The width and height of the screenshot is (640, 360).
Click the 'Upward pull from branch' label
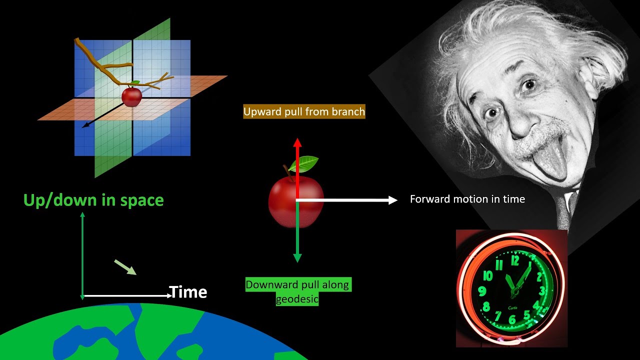(x=304, y=111)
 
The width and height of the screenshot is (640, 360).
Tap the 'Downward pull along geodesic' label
(x=298, y=292)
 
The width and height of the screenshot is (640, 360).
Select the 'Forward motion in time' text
(x=467, y=199)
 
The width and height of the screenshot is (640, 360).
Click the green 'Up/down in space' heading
(x=93, y=200)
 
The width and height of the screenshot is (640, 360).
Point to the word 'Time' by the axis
(x=188, y=292)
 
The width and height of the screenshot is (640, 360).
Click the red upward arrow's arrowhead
(x=297, y=142)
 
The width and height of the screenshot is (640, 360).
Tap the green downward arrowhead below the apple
(x=297, y=258)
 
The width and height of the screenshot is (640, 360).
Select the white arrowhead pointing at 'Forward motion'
(x=392, y=200)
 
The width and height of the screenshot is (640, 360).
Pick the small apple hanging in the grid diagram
(x=132, y=96)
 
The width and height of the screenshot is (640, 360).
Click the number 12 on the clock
(x=515, y=260)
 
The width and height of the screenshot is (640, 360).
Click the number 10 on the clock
(x=487, y=276)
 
